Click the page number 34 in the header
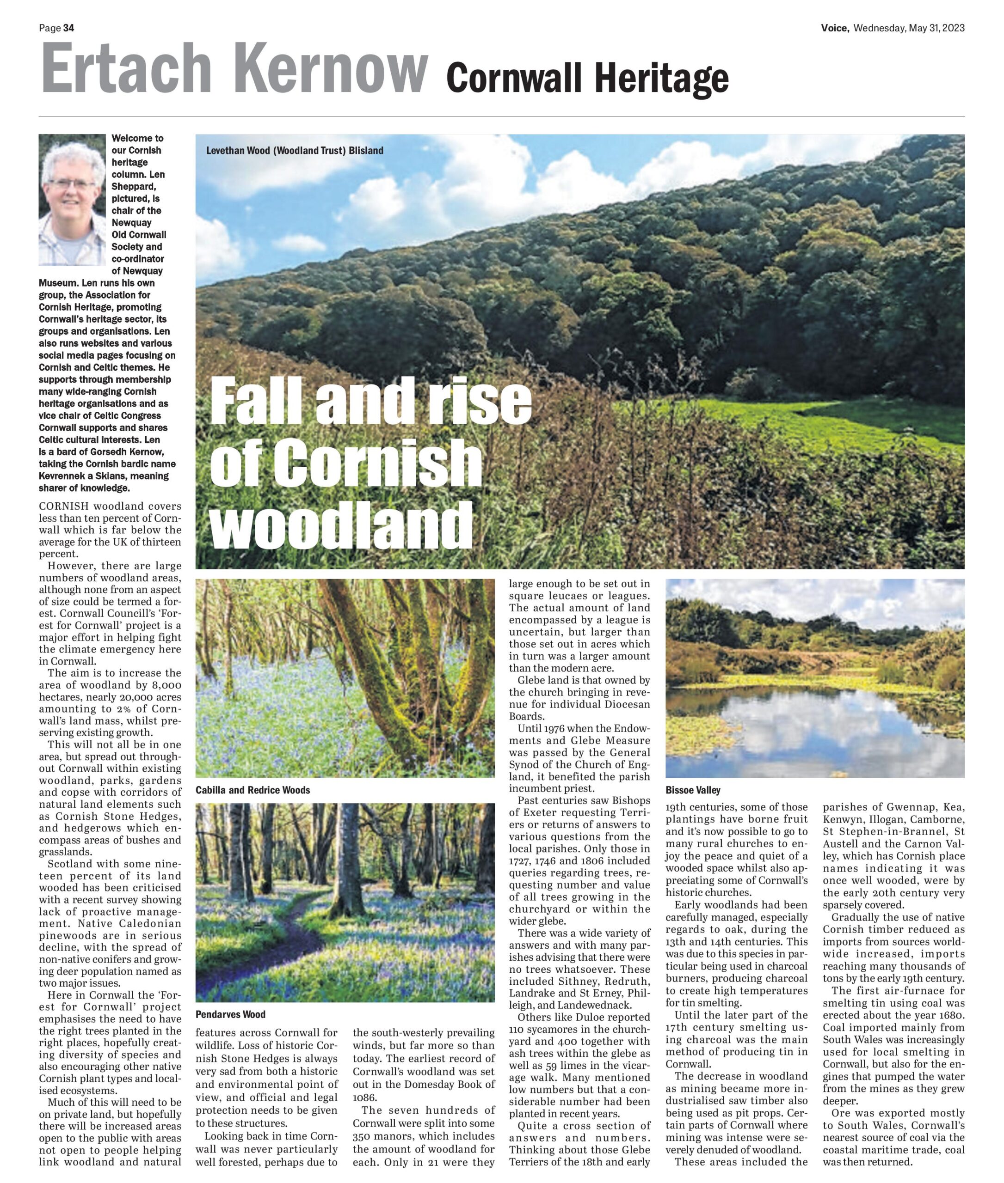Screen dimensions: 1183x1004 [x=68, y=28]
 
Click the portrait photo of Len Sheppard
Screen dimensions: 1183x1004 [x=72, y=200]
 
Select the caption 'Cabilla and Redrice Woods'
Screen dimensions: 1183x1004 [x=253, y=790]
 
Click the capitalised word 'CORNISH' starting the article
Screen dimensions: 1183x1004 [x=64, y=506]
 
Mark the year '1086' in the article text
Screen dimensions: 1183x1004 [x=363, y=1096]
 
